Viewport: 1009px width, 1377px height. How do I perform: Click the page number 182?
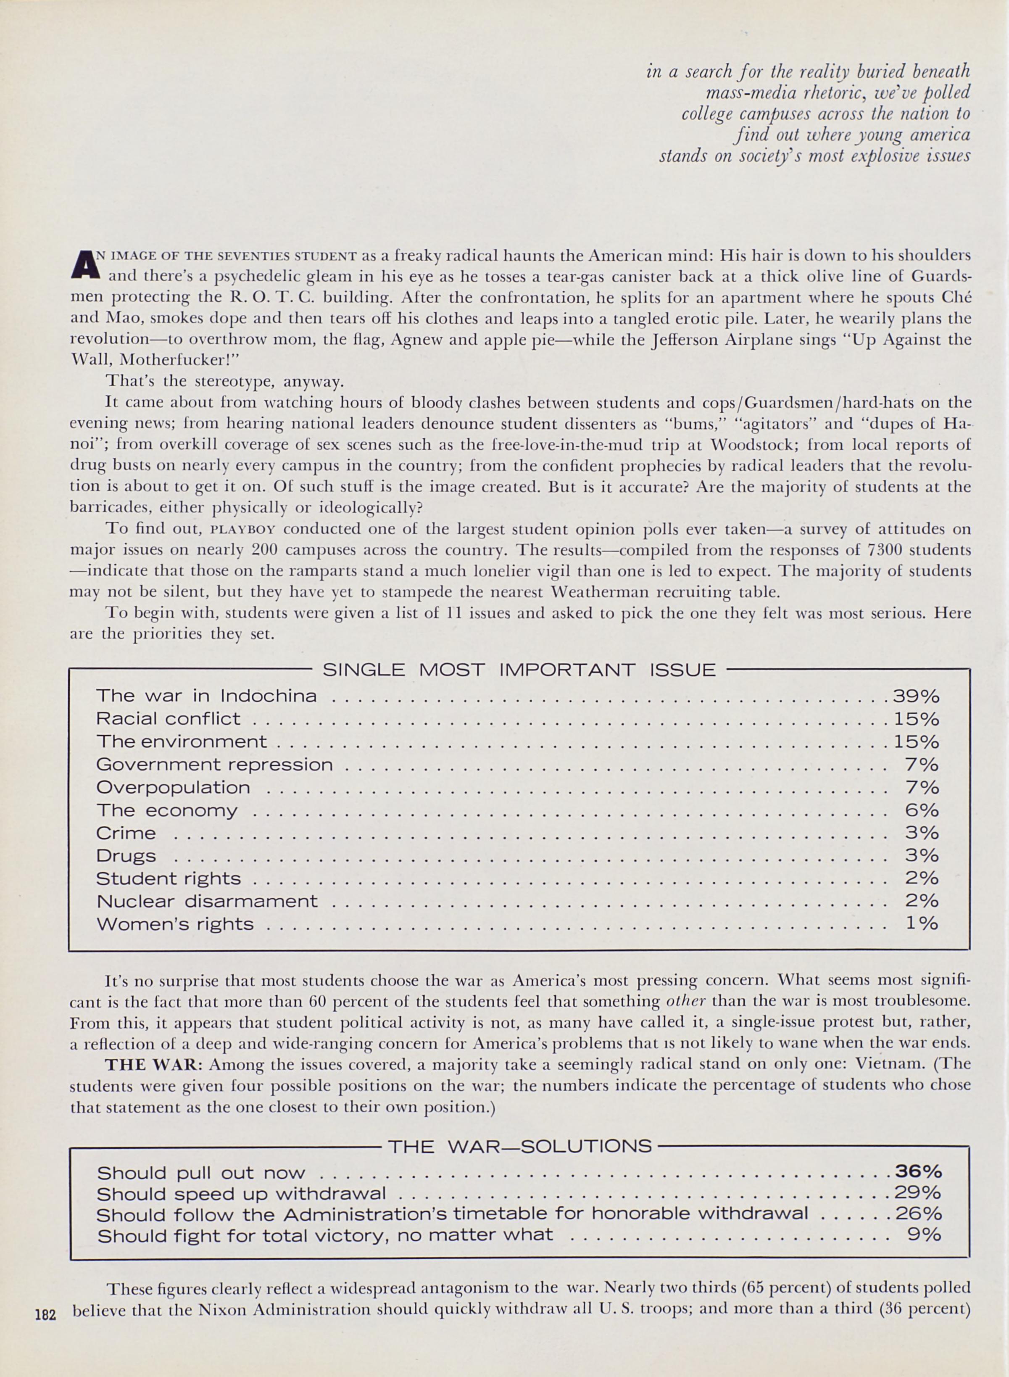tap(46, 1313)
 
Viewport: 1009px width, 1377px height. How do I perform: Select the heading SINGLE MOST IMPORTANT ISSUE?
tap(519, 671)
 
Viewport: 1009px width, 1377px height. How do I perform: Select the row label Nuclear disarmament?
tap(207, 901)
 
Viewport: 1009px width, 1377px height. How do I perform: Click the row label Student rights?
tap(169, 878)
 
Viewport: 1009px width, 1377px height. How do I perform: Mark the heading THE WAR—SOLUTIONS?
tap(520, 1146)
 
